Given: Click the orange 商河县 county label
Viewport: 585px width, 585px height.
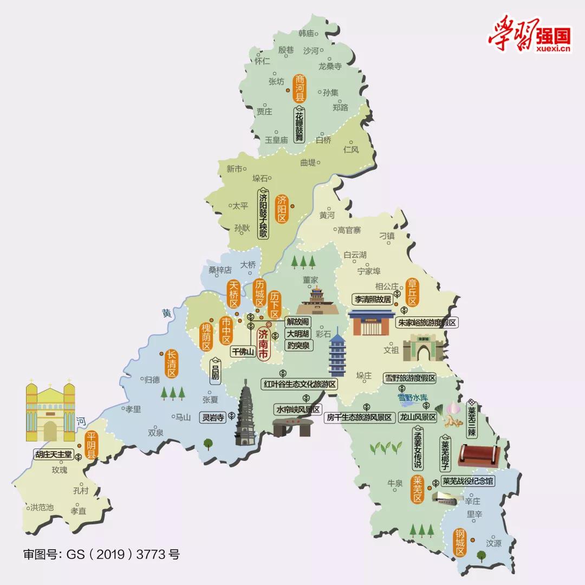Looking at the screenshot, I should (300, 88).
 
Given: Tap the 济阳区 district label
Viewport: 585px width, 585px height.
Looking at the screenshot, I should (281, 209).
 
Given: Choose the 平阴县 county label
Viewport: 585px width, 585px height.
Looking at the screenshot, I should (90, 446).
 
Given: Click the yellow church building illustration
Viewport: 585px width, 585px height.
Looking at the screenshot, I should (50, 411).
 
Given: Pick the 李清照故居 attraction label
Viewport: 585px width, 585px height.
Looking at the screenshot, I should (373, 299).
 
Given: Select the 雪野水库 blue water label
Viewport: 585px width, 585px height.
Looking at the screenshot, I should (413, 397).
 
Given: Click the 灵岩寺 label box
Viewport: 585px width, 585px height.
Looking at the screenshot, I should (213, 417).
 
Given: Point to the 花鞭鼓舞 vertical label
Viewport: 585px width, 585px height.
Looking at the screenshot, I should (300, 124).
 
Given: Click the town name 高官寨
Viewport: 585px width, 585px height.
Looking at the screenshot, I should (349, 230).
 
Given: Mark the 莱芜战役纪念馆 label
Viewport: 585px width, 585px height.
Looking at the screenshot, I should (468, 481).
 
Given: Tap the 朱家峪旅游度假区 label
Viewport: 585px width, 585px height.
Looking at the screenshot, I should (428, 322).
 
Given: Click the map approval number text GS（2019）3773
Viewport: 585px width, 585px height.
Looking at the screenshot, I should (101, 554).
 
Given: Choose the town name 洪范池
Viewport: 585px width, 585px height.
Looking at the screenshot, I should (42, 508).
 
